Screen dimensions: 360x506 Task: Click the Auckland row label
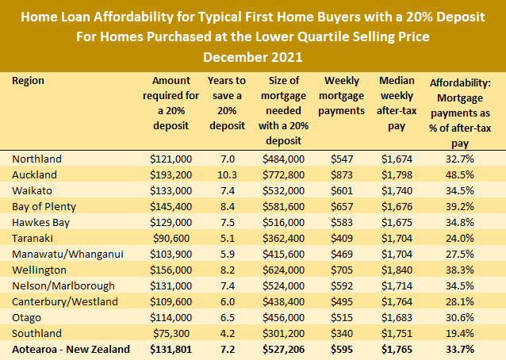[x=35, y=174]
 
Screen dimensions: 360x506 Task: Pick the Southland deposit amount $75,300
[x=172, y=333]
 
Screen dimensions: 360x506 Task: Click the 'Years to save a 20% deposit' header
[x=227, y=104]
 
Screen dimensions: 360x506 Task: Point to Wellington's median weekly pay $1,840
[x=397, y=270]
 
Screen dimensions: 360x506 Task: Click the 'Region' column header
[x=29, y=81]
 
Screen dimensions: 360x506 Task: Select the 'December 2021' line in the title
[x=253, y=57]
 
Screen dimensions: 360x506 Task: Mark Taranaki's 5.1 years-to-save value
[x=227, y=238]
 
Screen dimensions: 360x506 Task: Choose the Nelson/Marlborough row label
[x=63, y=285]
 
